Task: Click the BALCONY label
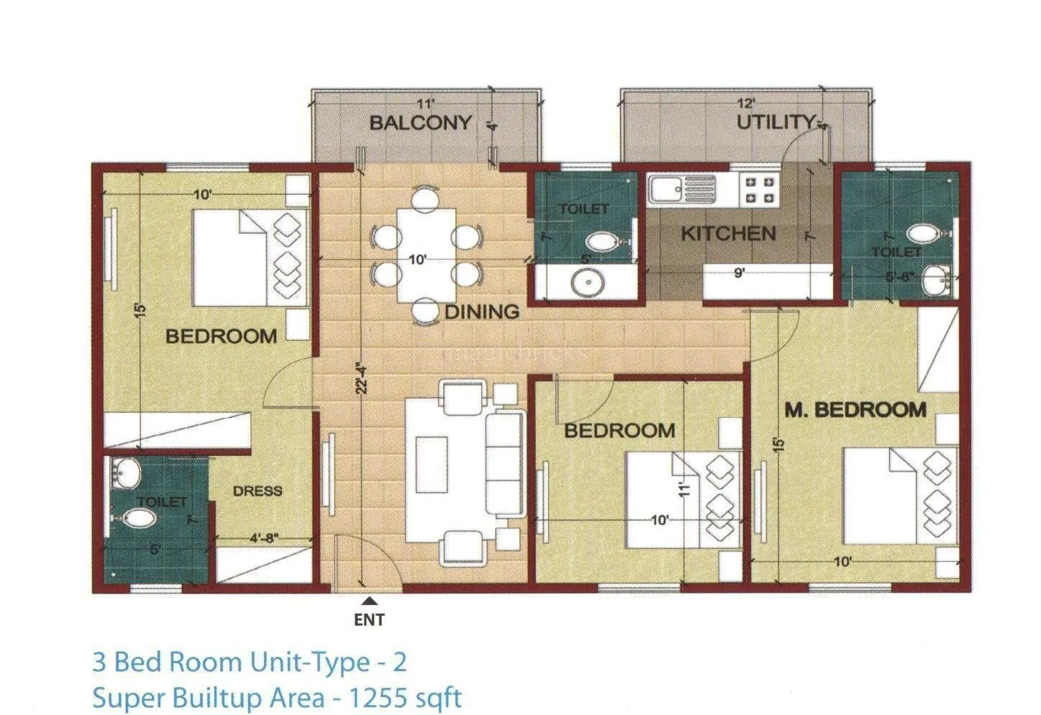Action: point(420,123)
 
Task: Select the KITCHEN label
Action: point(728,234)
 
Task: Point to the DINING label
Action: point(481,311)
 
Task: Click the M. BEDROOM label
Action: point(855,410)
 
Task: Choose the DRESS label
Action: point(258,491)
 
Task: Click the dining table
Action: point(427,255)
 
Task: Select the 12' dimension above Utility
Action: point(746,104)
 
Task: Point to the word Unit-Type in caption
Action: point(310,662)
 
